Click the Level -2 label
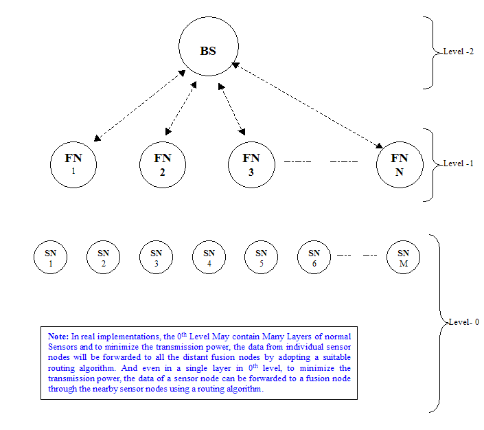(459, 52)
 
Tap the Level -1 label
(459, 163)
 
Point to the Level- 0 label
(464, 322)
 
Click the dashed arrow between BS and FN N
(308, 105)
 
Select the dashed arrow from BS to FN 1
(140, 106)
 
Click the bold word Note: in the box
(58, 337)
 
